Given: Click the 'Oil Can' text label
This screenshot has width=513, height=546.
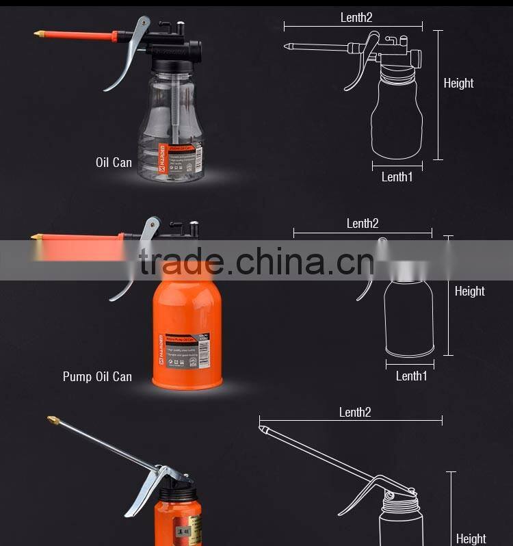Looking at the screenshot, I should click(x=114, y=163).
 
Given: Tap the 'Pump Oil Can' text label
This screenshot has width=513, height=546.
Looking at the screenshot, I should click(x=97, y=376).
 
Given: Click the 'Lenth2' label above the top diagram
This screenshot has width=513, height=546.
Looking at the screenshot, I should click(x=356, y=18).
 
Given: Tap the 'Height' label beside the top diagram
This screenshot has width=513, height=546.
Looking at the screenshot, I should click(x=458, y=83).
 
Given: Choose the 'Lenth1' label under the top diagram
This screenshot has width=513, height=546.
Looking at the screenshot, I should click(x=397, y=177).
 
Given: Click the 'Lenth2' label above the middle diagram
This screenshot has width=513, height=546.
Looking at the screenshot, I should click(x=362, y=223).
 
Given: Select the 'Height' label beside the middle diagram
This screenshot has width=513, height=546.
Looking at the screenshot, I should click(x=469, y=291).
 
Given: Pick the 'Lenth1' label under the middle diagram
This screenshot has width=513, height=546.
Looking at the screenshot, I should click(x=411, y=376).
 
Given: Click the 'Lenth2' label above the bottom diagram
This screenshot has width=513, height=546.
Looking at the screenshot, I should click(x=355, y=412).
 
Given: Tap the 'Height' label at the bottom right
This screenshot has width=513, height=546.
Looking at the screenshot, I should click(x=471, y=538).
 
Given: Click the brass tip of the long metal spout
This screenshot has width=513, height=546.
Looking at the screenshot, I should click(x=52, y=419).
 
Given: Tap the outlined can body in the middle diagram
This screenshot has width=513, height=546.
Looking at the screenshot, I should click(x=408, y=317).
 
